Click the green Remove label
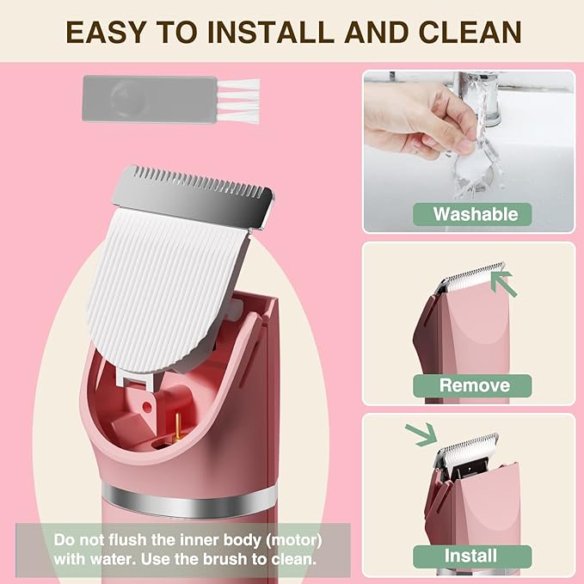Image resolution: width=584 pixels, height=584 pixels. click(x=474, y=384)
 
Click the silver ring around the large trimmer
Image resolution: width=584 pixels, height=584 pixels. click(x=190, y=496)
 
